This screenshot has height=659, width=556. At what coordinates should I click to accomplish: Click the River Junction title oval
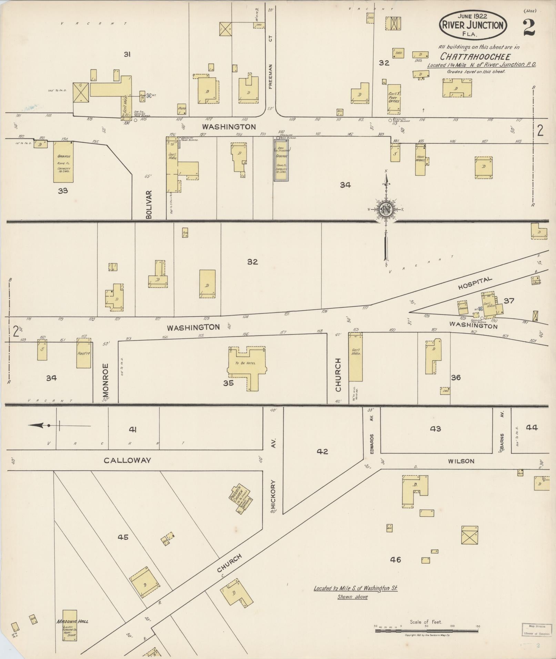click(473, 25)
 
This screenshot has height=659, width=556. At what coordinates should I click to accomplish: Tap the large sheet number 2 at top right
click(529, 28)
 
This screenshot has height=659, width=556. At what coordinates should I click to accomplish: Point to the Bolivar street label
click(149, 205)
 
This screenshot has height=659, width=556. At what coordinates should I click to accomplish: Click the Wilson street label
click(461, 461)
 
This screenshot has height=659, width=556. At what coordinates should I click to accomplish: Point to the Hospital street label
click(475, 283)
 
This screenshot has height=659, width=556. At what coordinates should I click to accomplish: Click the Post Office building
click(394, 99)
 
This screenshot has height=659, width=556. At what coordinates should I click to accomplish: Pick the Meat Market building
click(420, 159)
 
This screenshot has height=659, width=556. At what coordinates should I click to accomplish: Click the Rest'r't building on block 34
click(84, 353)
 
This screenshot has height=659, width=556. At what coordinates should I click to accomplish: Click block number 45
click(123, 537)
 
